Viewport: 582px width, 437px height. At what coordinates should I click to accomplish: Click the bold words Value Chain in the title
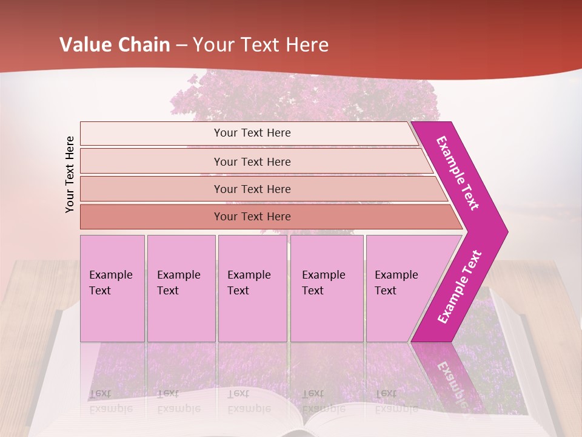pos(115,45)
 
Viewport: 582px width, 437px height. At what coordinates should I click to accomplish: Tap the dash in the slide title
pos(181,46)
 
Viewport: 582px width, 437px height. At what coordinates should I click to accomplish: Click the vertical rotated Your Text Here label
pos(70,175)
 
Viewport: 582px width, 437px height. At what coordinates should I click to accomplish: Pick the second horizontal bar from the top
pos(252,161)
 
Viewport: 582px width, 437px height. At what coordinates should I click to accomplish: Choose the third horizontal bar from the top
pos(252,189)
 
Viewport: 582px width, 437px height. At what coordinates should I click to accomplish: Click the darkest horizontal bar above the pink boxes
pos(252,217)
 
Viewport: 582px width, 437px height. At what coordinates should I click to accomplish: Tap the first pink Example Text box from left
pos(112,288)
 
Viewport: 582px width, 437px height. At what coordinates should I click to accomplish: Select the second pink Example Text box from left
pos(181,288)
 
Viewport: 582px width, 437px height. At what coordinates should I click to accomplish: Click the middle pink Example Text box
pos(252,288)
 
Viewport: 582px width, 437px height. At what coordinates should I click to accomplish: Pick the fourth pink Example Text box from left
pos(327,288)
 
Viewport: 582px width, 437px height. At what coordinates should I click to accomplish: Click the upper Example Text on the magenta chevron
pos(458,173)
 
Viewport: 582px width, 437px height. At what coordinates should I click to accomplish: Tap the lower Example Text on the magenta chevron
pos(460,287)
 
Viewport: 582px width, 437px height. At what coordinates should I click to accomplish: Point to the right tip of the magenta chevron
pos(506,231)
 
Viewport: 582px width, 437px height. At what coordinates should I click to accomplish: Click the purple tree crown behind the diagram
pos(303,97)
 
